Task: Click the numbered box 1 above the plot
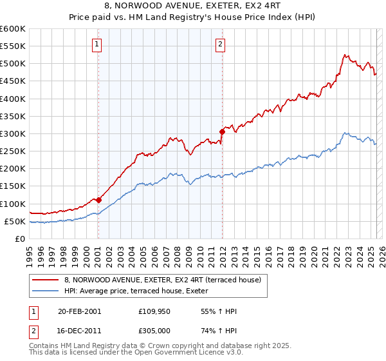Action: click(x=96, y=44)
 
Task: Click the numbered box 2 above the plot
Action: click(x=220, y=44)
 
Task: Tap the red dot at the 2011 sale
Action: click(x=222, y=132)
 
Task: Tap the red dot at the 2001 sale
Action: click(x=98, y=200)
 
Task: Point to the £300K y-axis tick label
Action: click(x=13, y=134)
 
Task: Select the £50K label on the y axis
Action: click(x=15, y=222)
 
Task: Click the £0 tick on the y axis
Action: click(x=21, y=239)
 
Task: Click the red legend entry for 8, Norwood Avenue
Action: click(x=162, y=280)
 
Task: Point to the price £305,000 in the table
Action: click(x=155, y=331)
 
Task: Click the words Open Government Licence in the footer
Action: click(x=191, y=354)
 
